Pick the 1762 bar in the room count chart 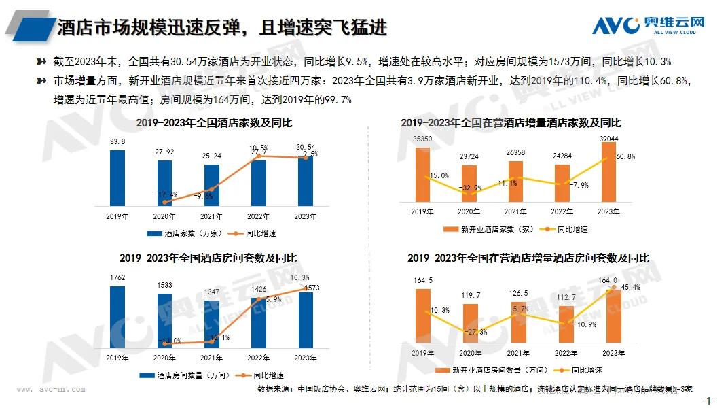coord(117,316)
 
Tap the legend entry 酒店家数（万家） coord(185,233)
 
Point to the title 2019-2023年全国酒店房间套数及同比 coord(208,258)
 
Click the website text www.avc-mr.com coord(51,390)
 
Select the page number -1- coord(712,401)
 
